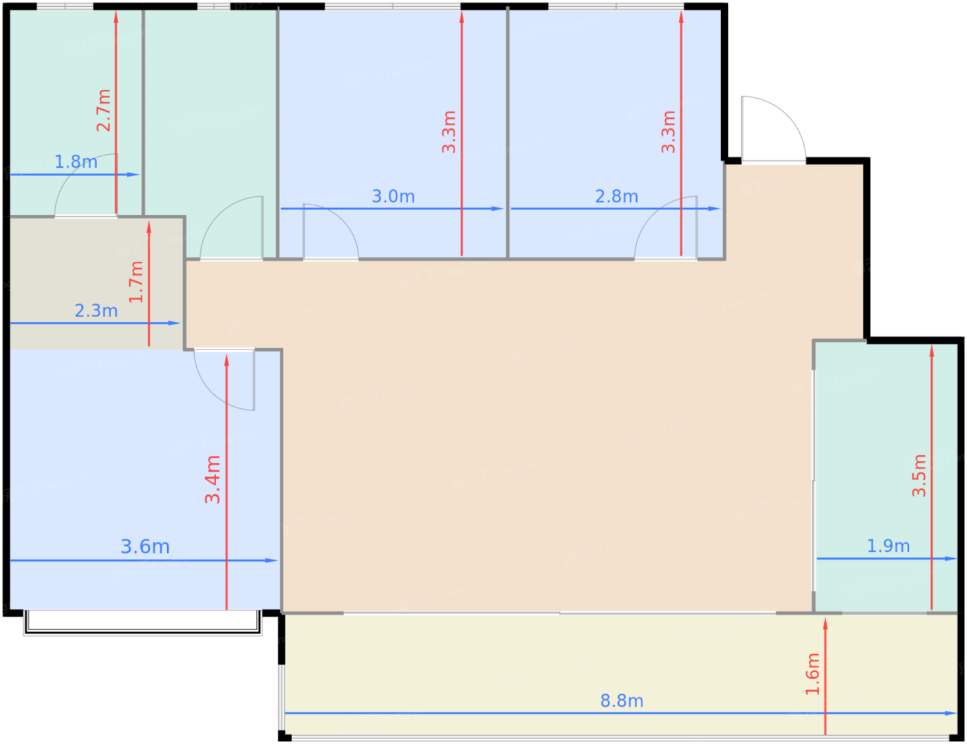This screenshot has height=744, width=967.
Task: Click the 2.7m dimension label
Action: pyautogui.click(x=103, y=110)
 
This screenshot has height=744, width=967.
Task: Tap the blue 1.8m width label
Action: pyautogui.click(x=76, y=162)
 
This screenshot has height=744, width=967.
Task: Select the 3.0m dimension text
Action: pyautogui.click(x=393, y=197)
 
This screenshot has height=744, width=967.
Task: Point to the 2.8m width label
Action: pyautogui.click(x=616, y=197)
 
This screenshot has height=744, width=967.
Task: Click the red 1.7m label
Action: pyautogui.click(x=136, y=282)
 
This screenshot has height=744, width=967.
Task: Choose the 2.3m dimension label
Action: pyautogui.click(x=96, y=311)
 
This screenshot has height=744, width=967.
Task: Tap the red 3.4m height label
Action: pyautogui.click(x=212, y=479)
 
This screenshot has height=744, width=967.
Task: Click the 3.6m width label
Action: pyautogui.click(x=145, y=547)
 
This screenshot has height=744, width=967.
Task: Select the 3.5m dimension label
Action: pyautogui.click(x=919, y=476)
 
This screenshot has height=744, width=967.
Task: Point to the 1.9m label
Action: pyautogui.click(x=888, y=546)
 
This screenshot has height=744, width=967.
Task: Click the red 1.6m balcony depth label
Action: pyautogui.click(x=812, y=674)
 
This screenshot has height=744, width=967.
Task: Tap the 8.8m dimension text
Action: pyautogui.click(x=622, y=701)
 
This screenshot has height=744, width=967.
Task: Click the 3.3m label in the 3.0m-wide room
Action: pyautogui.click(x=448, y=132)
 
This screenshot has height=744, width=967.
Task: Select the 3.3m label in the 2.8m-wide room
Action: pyautogui.click(x=668, y=132)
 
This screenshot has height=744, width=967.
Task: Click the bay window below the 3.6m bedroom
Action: pyautogui.click(x=142, y=623)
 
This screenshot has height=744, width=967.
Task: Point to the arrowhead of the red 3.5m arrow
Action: pyautogui.click(x=931, y=352)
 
